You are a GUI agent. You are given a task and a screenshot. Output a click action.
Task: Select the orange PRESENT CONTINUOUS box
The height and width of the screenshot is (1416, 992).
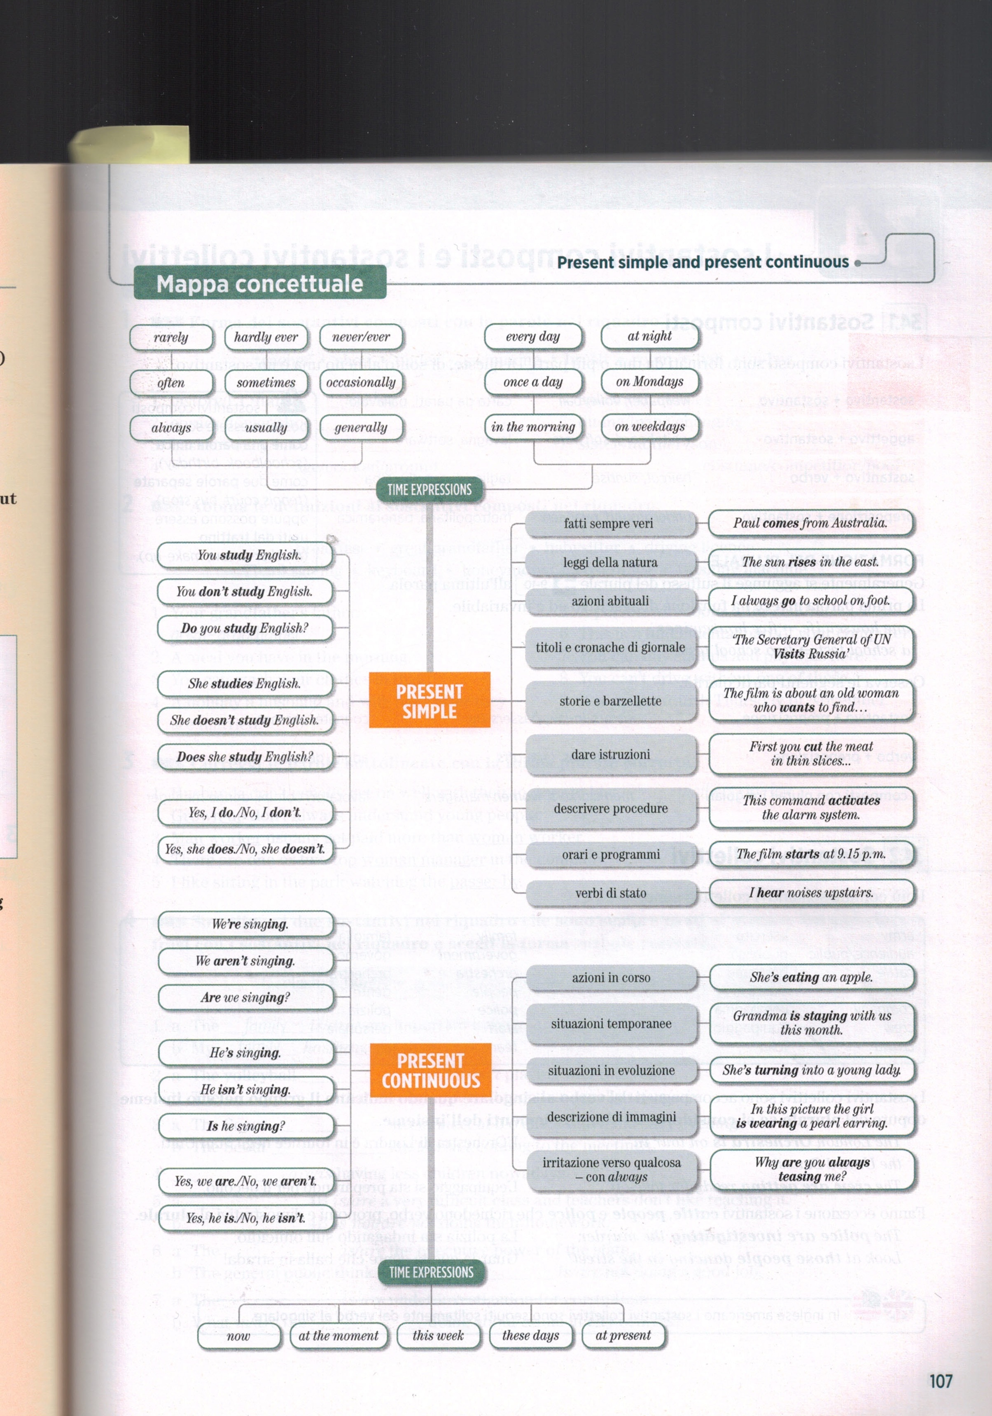point(430,1071)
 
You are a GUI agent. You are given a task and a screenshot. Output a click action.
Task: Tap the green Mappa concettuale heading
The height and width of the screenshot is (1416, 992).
point(259,284)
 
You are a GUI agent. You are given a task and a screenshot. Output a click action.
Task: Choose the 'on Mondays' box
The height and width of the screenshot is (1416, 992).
point(650,382)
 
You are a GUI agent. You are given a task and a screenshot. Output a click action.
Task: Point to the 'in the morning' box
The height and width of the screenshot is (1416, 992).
point(533,427)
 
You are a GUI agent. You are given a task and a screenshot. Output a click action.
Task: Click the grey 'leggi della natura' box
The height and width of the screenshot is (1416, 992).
point(610,562)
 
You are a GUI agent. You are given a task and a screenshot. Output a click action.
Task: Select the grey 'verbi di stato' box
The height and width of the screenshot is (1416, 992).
point(610,893)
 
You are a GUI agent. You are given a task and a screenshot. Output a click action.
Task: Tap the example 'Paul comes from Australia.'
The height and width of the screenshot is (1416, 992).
point(810,523)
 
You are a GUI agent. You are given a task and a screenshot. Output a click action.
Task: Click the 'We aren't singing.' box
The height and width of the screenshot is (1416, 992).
point(245,961)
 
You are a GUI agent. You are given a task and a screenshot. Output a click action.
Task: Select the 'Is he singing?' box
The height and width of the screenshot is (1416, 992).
point(246,1126)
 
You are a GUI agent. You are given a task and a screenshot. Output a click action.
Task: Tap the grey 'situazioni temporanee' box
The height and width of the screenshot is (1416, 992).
point(611,1024)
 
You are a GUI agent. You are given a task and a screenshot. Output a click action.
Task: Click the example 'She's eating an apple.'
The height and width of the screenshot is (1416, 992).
point(811,977)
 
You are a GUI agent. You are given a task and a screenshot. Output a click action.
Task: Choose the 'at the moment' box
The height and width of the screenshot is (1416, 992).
point(338,1336)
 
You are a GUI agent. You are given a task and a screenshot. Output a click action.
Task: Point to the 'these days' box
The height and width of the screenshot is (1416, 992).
point(530,1336)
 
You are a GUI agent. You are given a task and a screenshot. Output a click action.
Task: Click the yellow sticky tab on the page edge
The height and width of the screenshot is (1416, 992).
point(129,145)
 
